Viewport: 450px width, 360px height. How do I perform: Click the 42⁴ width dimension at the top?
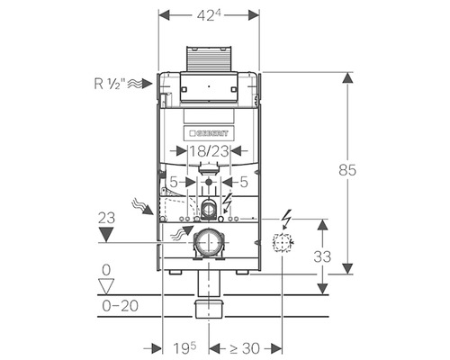(x=209, y=15)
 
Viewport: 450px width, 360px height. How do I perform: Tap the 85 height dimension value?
(x=347, y=170)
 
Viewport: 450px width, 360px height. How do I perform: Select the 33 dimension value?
(x=322, y=256)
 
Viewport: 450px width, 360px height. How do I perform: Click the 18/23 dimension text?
(x=209, y=151)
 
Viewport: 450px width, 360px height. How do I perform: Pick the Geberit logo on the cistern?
(x=209, y=133)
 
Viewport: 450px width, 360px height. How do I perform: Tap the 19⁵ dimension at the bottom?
(x=184, y=348)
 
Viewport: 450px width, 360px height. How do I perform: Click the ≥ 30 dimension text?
(x=245, y=348)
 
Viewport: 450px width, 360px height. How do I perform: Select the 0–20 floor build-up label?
(x=121, y=306)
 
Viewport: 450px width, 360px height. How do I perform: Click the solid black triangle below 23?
(x=106, y=234)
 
